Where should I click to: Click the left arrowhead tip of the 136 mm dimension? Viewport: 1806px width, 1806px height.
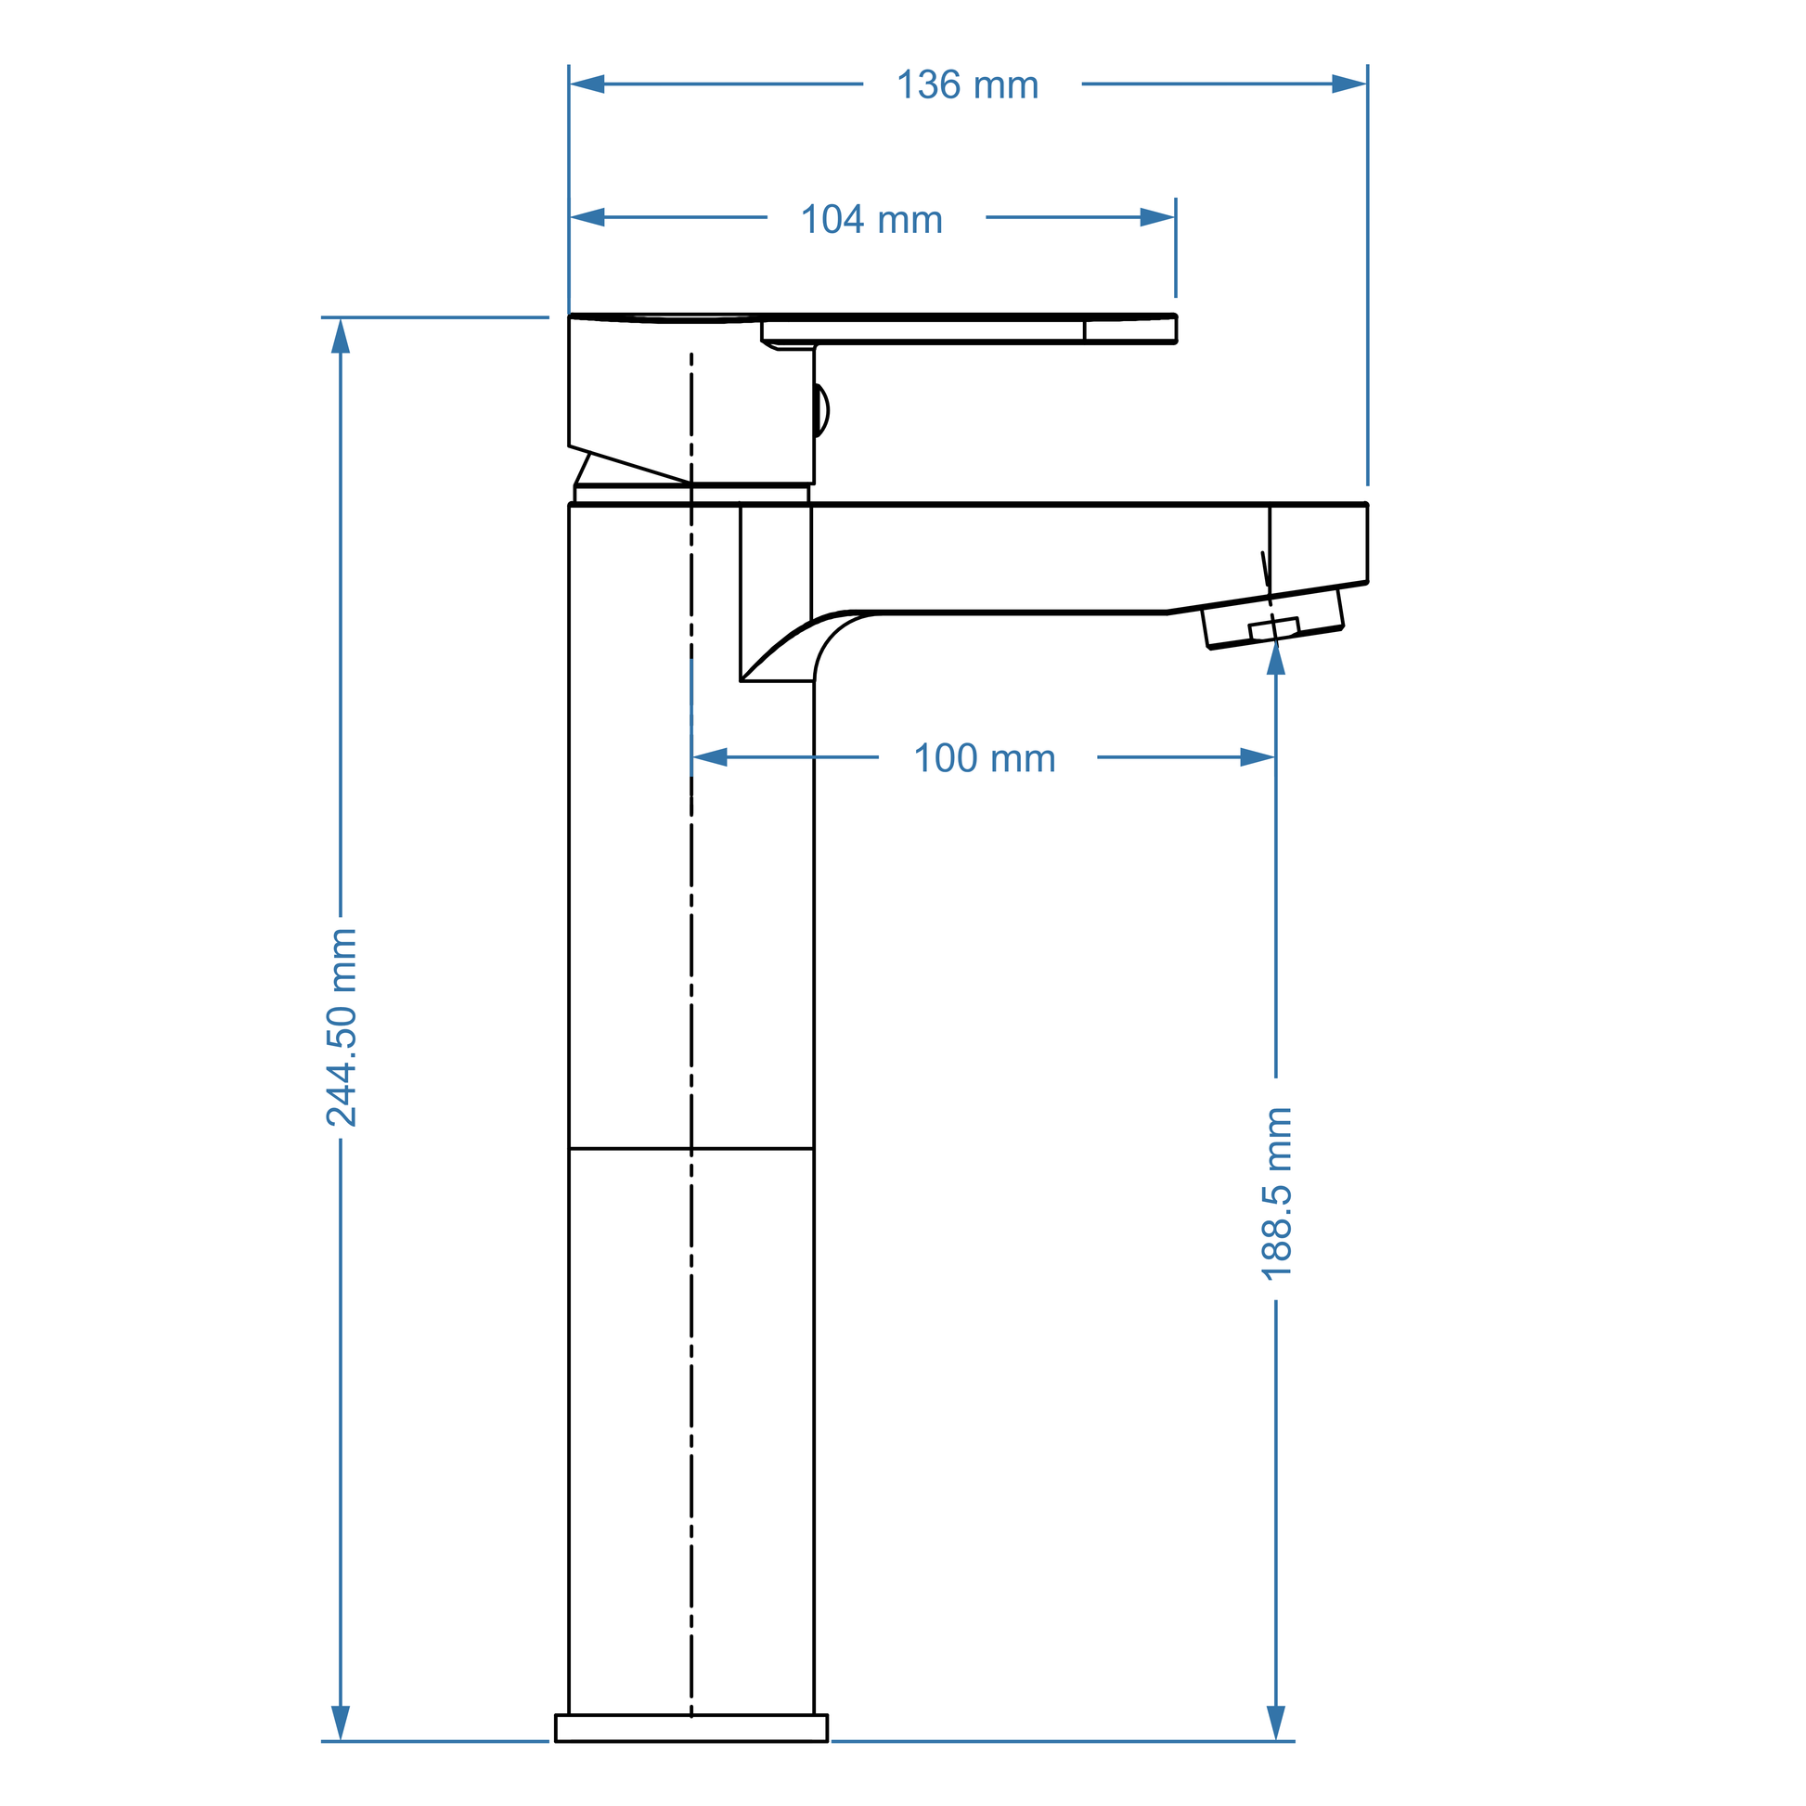point(570,84)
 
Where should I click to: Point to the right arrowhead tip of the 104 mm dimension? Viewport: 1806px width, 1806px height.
point(1175,218)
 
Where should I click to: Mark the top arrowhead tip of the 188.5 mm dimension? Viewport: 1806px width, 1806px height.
point(1276,641)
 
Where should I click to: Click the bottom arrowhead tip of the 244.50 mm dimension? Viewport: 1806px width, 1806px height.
point(341,1740)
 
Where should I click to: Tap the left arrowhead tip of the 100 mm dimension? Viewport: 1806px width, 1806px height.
point(692,757)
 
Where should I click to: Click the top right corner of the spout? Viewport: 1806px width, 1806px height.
point(1367,505)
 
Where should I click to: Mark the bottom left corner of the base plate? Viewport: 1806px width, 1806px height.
point(556,1741)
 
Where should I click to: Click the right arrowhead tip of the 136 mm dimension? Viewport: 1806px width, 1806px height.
point(1367,84)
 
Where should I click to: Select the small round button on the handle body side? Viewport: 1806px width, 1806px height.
point(820,410)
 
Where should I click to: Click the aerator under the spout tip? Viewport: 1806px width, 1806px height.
point(1273,619)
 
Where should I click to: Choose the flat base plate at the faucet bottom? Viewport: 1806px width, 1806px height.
point(691,1728)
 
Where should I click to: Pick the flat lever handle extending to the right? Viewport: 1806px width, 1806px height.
point(969,330)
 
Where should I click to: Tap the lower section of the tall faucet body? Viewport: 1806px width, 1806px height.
point(691,1431)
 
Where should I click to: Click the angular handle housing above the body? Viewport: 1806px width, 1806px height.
point(691,400)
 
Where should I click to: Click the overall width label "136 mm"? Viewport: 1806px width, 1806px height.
point(967,85)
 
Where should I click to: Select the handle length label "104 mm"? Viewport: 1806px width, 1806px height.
point(872,220)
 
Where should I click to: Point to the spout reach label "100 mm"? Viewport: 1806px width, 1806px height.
point(985,758)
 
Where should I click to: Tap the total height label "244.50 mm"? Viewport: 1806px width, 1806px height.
point(342,1027)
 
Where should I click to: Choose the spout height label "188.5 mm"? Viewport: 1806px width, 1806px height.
point(1277,1193)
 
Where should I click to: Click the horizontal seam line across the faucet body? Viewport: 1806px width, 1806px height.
point(691,1148)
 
